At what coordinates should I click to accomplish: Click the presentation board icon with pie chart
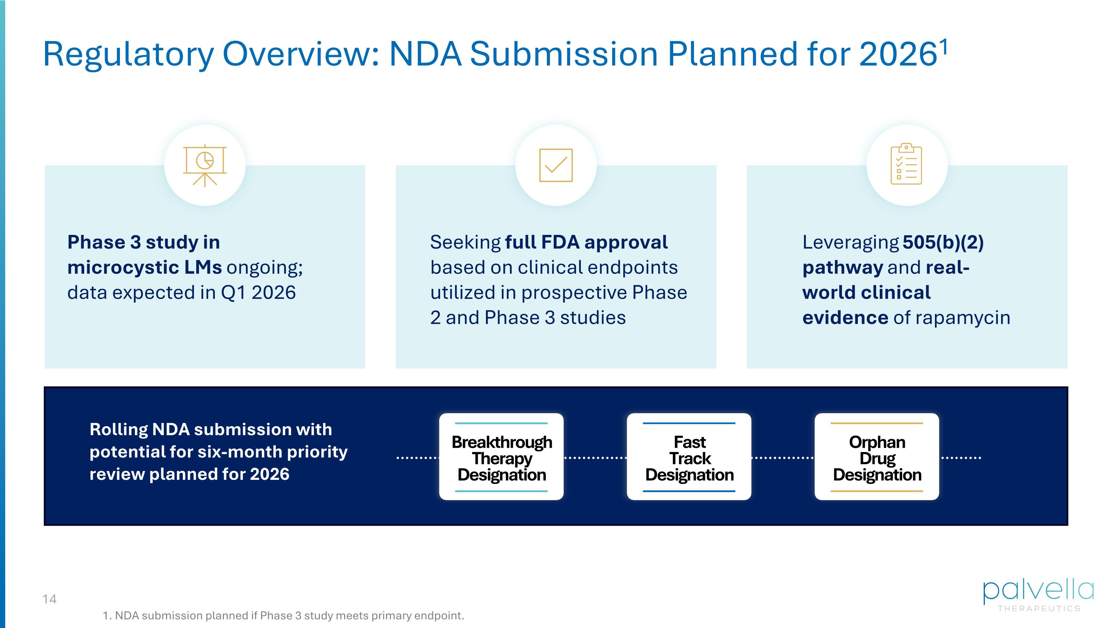click(205, 166)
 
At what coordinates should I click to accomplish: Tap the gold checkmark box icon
click(556, 165)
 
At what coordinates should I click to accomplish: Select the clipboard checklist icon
click(906, 164)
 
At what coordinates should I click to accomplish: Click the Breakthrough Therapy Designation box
click(501, 457)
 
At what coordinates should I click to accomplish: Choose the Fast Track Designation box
click(689, 457)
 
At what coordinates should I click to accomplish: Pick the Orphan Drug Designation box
click(876, 457)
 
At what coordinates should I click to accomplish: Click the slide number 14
click(50, 599)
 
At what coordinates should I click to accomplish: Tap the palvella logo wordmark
click(1038, 592)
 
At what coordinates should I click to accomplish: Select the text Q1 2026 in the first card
click(258, 293)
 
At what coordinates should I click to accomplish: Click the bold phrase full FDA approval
click(586, 242)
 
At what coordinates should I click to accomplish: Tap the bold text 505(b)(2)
click(943, 242)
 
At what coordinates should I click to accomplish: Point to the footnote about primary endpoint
click(283, 615)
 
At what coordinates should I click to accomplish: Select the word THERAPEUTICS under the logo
click(1039, 609)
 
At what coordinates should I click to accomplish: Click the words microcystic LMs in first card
click(144, 267)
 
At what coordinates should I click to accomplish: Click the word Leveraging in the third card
click(850, 242)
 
